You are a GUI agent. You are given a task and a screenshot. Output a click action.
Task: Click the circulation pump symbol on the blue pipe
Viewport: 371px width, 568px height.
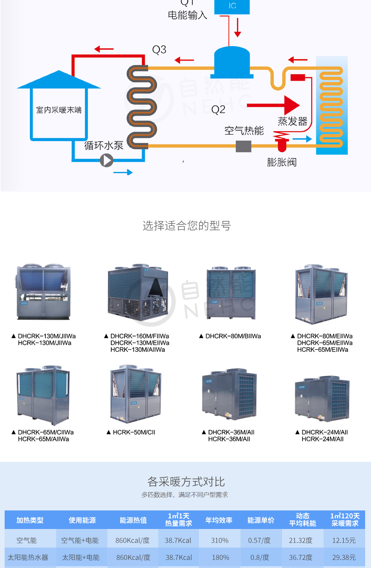107,160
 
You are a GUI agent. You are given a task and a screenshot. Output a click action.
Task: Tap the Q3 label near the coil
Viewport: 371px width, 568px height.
159,50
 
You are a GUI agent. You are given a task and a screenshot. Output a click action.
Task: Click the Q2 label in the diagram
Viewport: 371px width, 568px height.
218,110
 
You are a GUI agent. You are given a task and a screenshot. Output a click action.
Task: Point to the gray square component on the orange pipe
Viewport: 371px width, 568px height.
244,146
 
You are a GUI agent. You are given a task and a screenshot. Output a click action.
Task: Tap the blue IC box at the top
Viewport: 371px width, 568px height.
232,7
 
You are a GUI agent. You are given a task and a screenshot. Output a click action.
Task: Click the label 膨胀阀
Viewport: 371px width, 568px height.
282,162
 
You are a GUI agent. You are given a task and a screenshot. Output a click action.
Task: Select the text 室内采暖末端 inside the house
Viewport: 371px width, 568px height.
59,110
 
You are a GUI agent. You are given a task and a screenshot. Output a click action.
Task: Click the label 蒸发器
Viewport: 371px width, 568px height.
292,121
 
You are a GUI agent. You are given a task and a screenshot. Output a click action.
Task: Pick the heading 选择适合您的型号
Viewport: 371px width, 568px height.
186,226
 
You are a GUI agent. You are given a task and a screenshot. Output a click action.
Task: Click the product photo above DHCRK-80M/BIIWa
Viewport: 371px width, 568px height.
231,293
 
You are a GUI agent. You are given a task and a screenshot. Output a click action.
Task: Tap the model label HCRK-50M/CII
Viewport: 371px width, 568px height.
134,432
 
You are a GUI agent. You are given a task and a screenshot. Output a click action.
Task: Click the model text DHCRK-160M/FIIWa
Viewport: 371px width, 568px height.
140,336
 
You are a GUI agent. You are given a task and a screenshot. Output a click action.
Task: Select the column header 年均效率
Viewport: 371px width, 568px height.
219,520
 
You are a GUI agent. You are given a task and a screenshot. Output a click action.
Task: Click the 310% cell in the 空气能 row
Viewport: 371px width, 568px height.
220,540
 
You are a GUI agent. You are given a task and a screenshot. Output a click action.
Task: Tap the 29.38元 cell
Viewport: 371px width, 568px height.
344,557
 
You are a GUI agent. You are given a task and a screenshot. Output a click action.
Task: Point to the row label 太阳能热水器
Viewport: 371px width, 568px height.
28,557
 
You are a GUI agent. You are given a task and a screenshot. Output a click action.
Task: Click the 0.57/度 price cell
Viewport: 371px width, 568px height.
259,540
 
